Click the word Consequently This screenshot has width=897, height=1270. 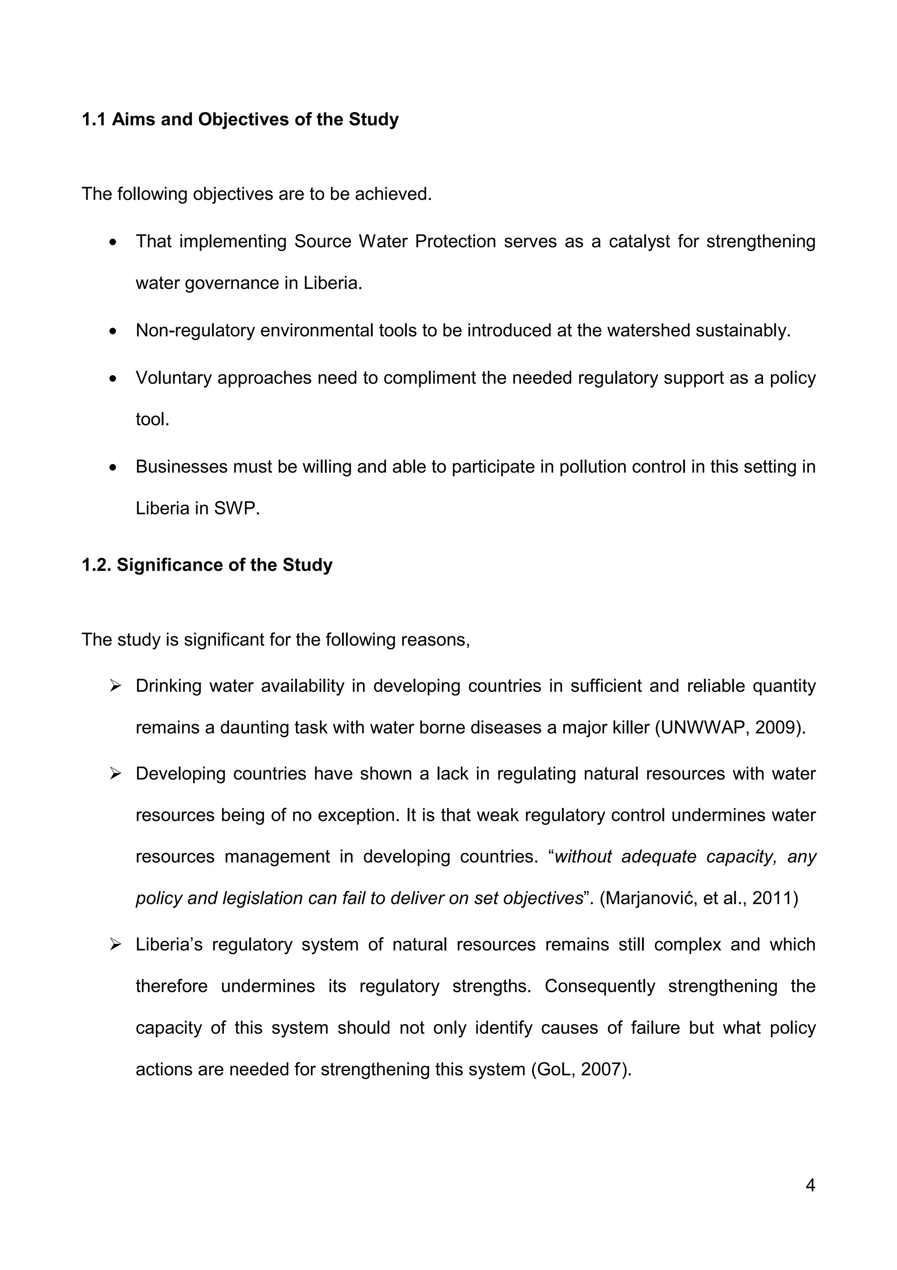[599, 986]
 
